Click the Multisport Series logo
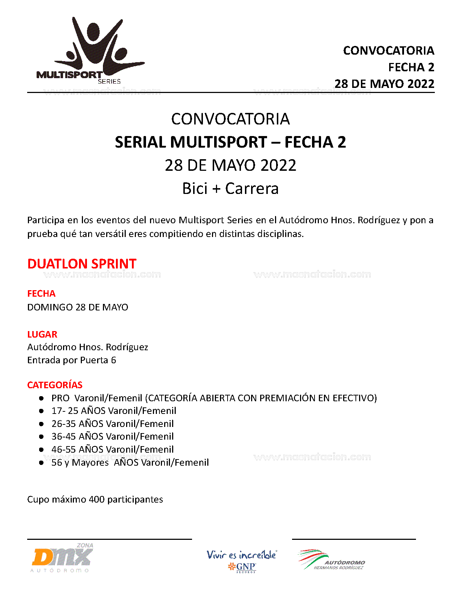[x=91, y=51]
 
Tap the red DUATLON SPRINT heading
[x=82, y=264]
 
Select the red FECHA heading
[x=41, y=293]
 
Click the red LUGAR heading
[x=42, y=334]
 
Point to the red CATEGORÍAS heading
[x=55, y=385]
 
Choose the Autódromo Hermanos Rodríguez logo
[x=332, y=560]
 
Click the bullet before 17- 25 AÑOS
[x=42, y=411]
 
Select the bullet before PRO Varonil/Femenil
[x=42, y=398]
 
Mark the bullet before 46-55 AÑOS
[x=42, y=450]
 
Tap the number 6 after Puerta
[x=113, y=360]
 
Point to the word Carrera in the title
[x=252, y=189]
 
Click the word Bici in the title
[x=195, y=189]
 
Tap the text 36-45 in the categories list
[x=64, y=437]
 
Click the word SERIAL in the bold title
[x=140, y=142]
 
